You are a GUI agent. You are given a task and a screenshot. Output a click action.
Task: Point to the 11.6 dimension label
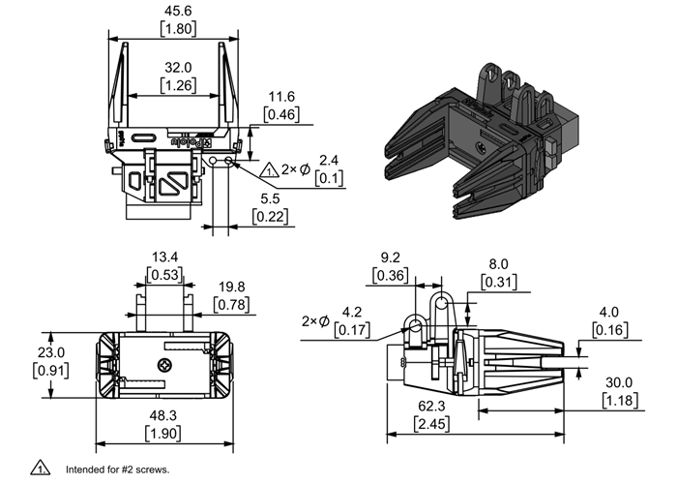pos(281,97)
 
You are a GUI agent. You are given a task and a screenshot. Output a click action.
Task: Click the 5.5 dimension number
pos(269,199)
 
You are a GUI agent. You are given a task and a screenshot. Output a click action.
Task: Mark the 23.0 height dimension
pos(49,353)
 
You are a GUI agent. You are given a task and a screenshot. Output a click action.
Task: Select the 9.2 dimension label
pos(390,257)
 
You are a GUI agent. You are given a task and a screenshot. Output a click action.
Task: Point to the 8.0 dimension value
pos(498,263)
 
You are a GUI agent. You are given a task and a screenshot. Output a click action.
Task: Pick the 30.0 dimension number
pos(620,382)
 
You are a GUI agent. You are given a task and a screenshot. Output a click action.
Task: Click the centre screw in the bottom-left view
pos(164,366)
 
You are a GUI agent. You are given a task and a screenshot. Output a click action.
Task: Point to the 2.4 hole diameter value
pos(329,160)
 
